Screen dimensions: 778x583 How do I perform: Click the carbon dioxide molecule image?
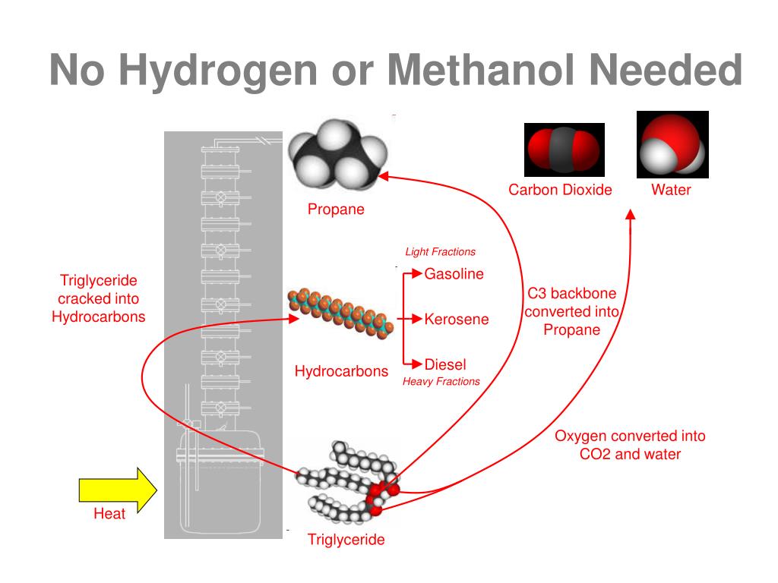tap(564, 149)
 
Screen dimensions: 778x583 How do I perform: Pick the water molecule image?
tap(672, 145)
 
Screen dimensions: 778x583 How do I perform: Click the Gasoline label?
tap(454, 274)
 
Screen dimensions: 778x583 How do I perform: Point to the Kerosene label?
tap(456, 320)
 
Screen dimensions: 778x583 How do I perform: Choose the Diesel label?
tap(445, 364)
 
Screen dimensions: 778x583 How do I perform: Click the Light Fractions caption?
tap(440, 252)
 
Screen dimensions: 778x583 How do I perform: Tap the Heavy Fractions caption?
tap(441, 381)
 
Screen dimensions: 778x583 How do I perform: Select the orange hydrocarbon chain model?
tap(340, 312)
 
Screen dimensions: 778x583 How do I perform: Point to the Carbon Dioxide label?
tap(560, 190)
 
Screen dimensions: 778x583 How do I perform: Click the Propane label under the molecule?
tap(336, 210)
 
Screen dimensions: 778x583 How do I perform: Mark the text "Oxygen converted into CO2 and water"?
tap(630, 445)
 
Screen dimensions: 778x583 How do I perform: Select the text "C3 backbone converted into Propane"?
tap(571, 311)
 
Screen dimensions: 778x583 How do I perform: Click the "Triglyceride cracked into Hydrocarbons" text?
tap(98, 299)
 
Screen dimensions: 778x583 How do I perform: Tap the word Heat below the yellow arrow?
tap(109, 514)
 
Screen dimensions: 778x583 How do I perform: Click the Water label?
tap(671, 190)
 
